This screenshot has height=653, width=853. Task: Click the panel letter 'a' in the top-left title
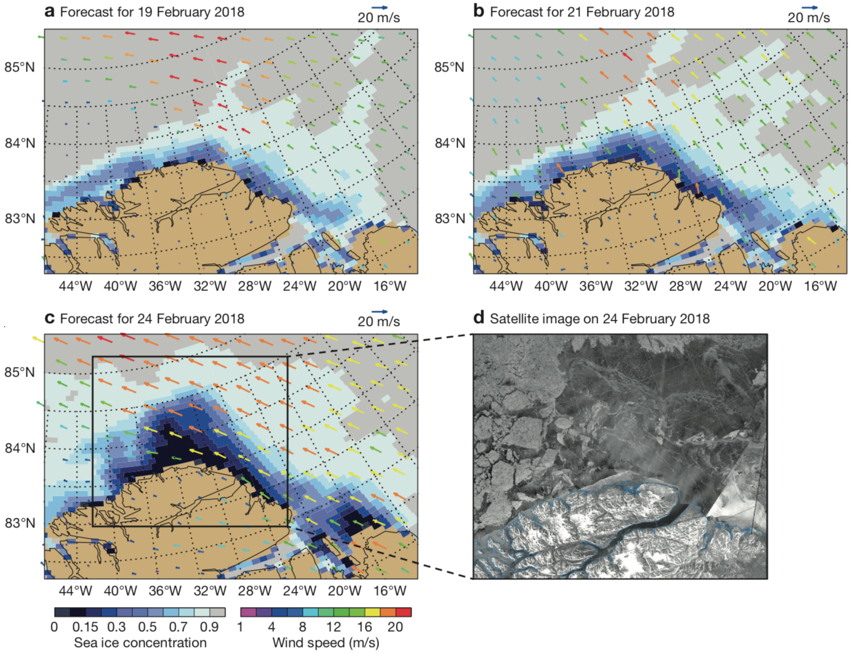[x=50, y=12]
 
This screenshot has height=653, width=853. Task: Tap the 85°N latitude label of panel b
[x=449, y=67]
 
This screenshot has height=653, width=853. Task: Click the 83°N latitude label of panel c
[x=19, y=523]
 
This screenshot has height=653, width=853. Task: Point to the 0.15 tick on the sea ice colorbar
[x=85, y=627]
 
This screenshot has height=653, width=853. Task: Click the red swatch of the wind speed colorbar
[x=403, y=612]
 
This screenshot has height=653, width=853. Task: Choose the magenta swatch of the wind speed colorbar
[x=248, y=612]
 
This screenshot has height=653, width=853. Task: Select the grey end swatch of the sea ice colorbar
[x=217, y=612]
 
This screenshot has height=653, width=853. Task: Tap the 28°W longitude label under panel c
[x=254, y=591]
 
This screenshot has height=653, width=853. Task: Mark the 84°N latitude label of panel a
[x=19, y=143]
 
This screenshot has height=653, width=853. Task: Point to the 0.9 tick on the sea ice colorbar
[x=209, y=627]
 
